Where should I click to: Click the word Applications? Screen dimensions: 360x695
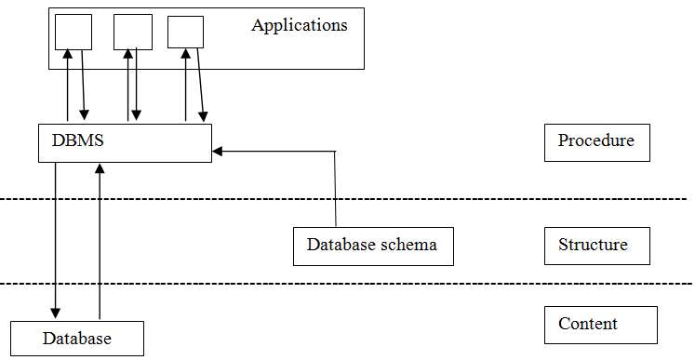299,25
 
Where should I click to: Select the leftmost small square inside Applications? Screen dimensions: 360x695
73,33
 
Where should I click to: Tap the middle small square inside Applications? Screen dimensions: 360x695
132,32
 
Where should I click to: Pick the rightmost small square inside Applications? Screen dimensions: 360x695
185,32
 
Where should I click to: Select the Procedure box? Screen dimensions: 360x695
596,142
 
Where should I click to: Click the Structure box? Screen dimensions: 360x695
596,247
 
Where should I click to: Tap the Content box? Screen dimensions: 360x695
600,325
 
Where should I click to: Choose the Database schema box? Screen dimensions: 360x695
372,247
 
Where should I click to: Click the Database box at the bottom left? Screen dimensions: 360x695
76,339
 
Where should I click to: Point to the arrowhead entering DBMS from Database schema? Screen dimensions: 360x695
218,150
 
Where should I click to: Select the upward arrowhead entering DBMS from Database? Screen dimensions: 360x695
100,168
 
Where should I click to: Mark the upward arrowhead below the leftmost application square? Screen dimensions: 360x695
67,55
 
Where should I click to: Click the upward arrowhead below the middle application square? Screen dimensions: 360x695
127,55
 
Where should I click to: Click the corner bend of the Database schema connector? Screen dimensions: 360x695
334,151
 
